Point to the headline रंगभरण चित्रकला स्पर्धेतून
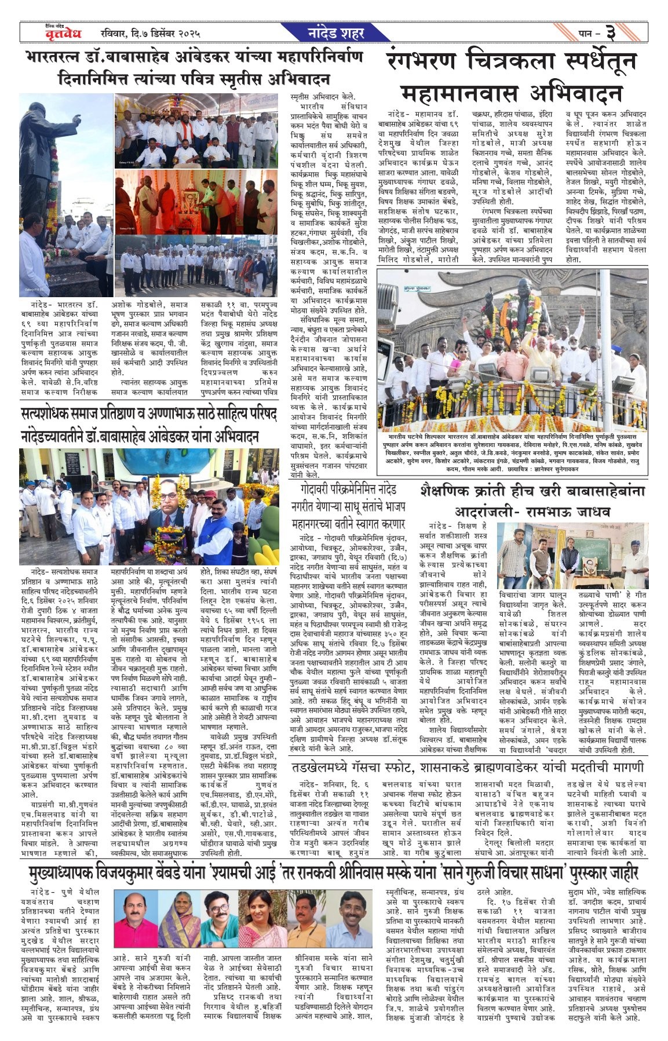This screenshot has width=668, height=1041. [x=512, y=62]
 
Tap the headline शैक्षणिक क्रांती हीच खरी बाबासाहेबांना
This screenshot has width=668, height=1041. [x=532, y=491]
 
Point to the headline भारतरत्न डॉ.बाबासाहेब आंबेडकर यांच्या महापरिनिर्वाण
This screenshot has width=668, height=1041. [x=195, y=57]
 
